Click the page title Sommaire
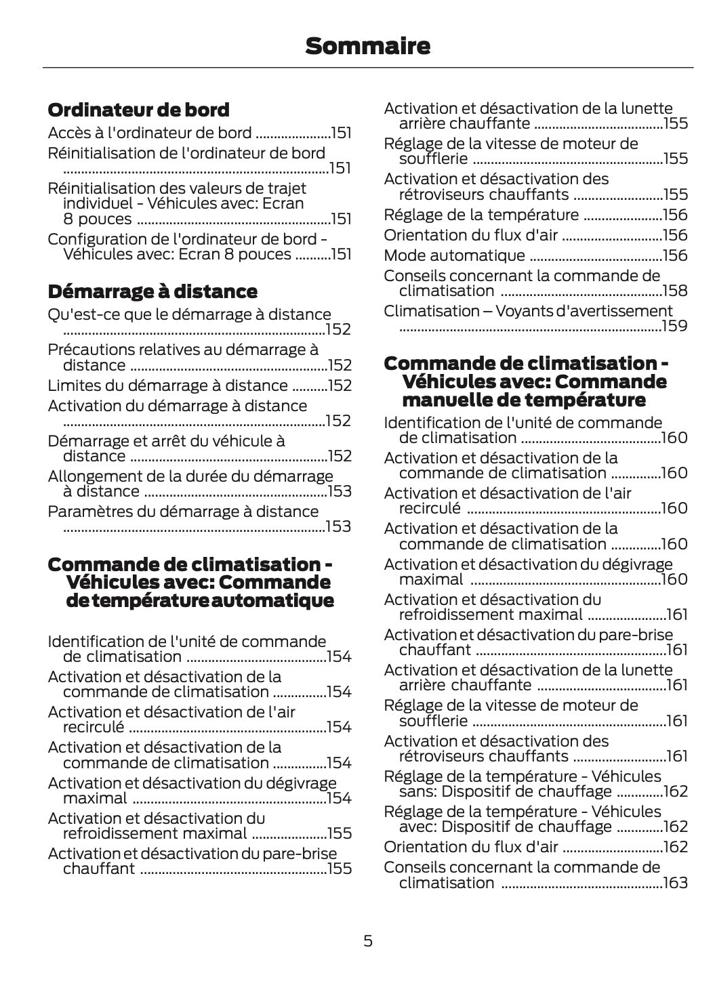367,46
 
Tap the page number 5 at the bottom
367,940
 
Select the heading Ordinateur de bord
138,110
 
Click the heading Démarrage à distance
152,292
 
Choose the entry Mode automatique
454,255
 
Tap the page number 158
675,291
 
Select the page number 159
675,327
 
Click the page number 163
675,883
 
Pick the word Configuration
87,239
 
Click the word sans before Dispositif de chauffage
415,791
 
